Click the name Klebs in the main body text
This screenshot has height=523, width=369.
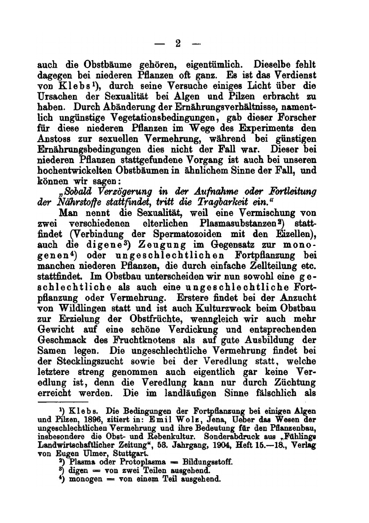[71, 86]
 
